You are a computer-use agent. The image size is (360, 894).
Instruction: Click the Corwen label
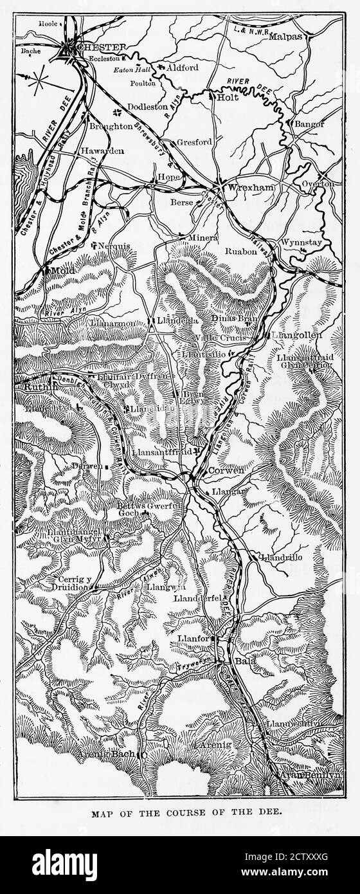click(227, 470)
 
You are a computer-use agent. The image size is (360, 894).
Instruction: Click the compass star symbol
click(39, 80)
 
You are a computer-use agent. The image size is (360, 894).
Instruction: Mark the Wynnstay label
click(300, 242)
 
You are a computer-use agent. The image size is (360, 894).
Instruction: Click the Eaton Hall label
click(131, 69)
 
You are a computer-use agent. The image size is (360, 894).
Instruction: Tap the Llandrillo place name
click(282, 557)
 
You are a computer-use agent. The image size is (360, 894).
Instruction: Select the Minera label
click(203, 237)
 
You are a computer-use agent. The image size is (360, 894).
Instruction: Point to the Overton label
click(318, 184)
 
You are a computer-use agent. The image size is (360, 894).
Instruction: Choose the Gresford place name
click(194, 141)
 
